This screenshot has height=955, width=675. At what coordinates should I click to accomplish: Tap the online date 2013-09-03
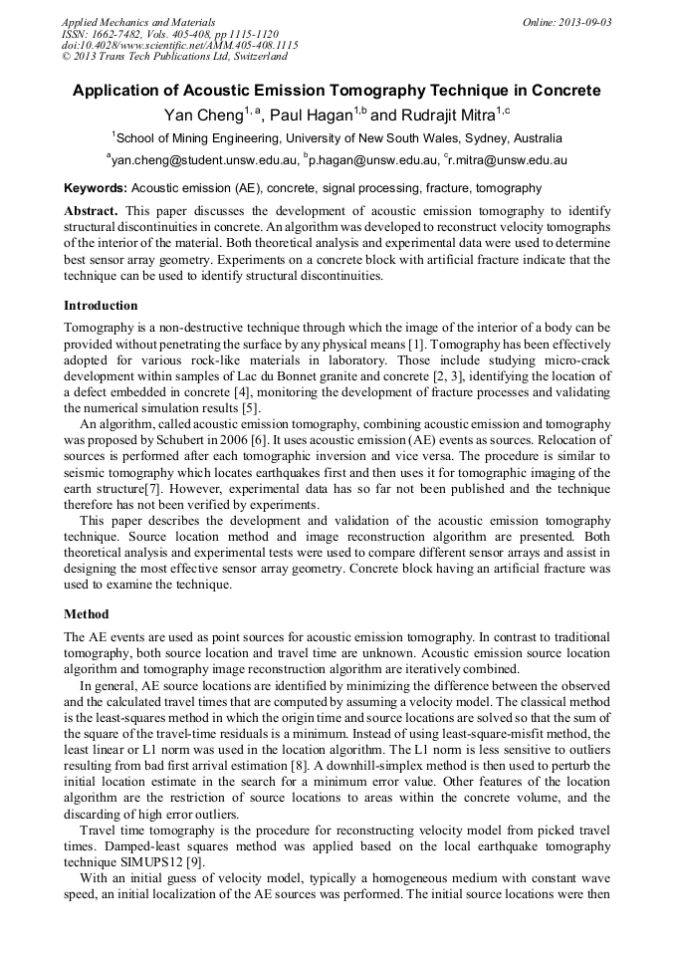[582, 22]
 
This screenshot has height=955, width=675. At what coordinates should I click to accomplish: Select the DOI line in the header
[179, 45]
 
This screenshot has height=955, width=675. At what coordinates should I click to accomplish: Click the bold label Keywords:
[96, 188]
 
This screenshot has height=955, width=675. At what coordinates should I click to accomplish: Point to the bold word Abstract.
[91, 212]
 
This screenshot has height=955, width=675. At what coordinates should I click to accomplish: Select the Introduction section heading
[101, 306]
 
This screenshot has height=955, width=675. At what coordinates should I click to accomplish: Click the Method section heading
[87, 614]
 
